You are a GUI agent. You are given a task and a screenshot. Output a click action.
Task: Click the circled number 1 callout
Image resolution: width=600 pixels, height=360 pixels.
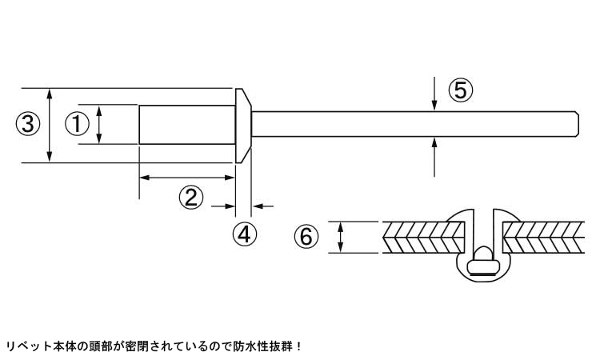(77, 124)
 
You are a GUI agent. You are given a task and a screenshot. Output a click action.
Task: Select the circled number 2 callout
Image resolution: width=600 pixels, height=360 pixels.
(190, 198)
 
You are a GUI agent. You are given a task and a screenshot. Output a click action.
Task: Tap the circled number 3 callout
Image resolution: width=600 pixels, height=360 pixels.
(27, 124)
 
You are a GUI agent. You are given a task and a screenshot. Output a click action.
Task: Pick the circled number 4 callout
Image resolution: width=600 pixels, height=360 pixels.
(244, 234)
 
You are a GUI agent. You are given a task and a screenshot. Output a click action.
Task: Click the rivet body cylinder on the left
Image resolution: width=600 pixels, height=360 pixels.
(186, 124)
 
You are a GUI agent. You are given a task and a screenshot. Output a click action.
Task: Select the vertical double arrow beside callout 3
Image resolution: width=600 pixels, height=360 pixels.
(50, 125)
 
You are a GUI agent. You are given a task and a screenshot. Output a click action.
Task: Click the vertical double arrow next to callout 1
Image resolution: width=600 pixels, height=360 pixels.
(99, 125)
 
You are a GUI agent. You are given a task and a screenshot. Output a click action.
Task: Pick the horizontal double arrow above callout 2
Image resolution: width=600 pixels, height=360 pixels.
(187, 177)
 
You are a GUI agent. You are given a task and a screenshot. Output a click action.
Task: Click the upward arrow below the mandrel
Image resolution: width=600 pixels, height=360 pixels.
(434, 154)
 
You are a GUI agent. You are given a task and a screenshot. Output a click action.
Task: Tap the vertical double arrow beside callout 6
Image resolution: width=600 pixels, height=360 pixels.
(342, 237)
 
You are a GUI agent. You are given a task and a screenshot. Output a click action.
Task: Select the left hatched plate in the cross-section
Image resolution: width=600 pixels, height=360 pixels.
(425, 238)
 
